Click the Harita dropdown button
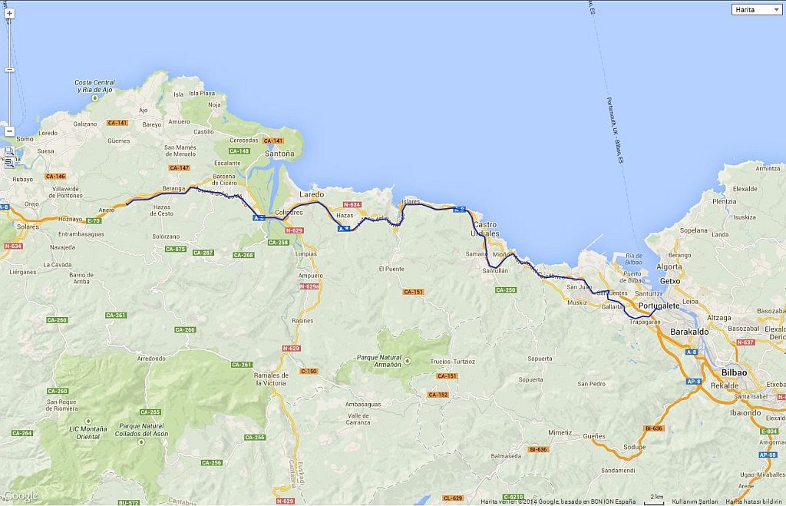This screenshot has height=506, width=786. pos(757,9)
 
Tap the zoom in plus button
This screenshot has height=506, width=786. pos(9,13)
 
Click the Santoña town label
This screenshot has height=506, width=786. pos(279,154)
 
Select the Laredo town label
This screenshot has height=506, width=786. pos(312,194)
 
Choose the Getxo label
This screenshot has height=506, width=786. pos(670,281)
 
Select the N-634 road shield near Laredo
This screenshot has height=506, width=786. pos(352,205)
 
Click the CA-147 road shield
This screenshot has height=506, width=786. pos(180,167)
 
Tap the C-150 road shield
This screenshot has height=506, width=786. pos(309,372)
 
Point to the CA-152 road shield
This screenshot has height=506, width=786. pos(438,395)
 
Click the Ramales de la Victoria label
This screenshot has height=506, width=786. pos(270,379)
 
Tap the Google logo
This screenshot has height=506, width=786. pos(20,495)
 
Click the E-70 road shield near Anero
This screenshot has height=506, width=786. pos(94,220)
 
